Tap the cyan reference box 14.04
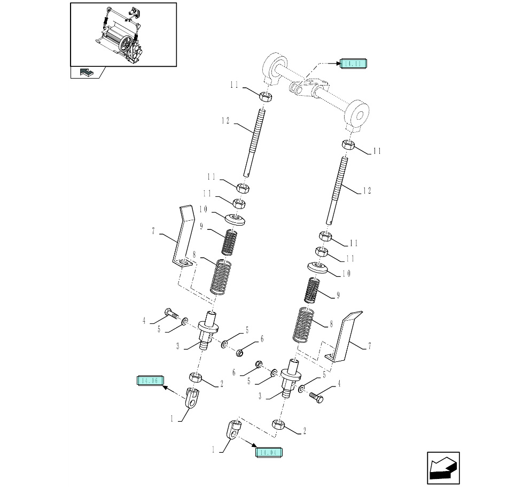(x=269, y=452)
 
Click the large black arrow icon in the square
(x=443, y=469)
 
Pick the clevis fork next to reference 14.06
(x=193, y=398)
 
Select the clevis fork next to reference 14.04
(x=233, y=429)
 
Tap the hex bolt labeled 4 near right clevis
(x=316, y=397)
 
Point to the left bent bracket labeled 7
(x=182, y=235)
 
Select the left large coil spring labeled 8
(x=220, y=276)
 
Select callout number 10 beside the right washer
(x=346, y=274)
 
